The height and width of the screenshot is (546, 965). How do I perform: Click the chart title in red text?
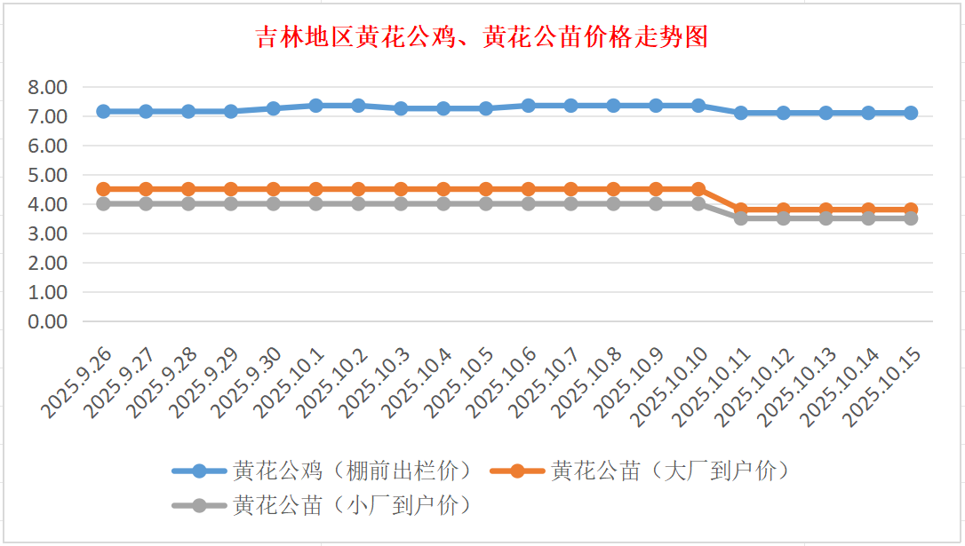click(x=482, y=37)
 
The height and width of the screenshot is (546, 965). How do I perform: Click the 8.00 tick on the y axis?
click(x=48, y=87)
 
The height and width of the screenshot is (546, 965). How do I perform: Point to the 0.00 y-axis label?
click(x=48, y=321)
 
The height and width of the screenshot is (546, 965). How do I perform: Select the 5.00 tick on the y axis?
click(x=48, y=175)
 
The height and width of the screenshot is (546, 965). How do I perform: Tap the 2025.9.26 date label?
click(x=76, y=383)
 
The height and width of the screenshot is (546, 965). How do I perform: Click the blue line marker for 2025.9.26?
click(x=103, y=112)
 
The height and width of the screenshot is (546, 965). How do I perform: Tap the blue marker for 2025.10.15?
click(x=911, y=113)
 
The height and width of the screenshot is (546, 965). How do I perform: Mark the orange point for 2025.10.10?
click(x=698, y=189)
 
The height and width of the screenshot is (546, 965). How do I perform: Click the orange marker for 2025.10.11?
click(x=741, y=210)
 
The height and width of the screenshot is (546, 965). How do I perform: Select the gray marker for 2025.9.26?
click(x=103, y=203)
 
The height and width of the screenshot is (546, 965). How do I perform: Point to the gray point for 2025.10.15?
click(x=911, y=218)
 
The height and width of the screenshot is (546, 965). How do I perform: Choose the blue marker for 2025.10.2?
click(x=358, y=106)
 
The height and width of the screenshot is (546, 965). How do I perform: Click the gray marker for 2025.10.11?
click(x=741, y=218)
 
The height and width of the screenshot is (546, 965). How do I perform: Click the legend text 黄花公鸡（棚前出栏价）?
click(x=352, y=471)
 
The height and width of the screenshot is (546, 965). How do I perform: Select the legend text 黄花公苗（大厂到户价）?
click(x=670, y=471)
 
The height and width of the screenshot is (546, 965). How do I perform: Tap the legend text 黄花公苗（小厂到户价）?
click(x=352, y=505)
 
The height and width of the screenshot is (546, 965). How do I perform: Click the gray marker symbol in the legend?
click(x=199, y=505)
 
